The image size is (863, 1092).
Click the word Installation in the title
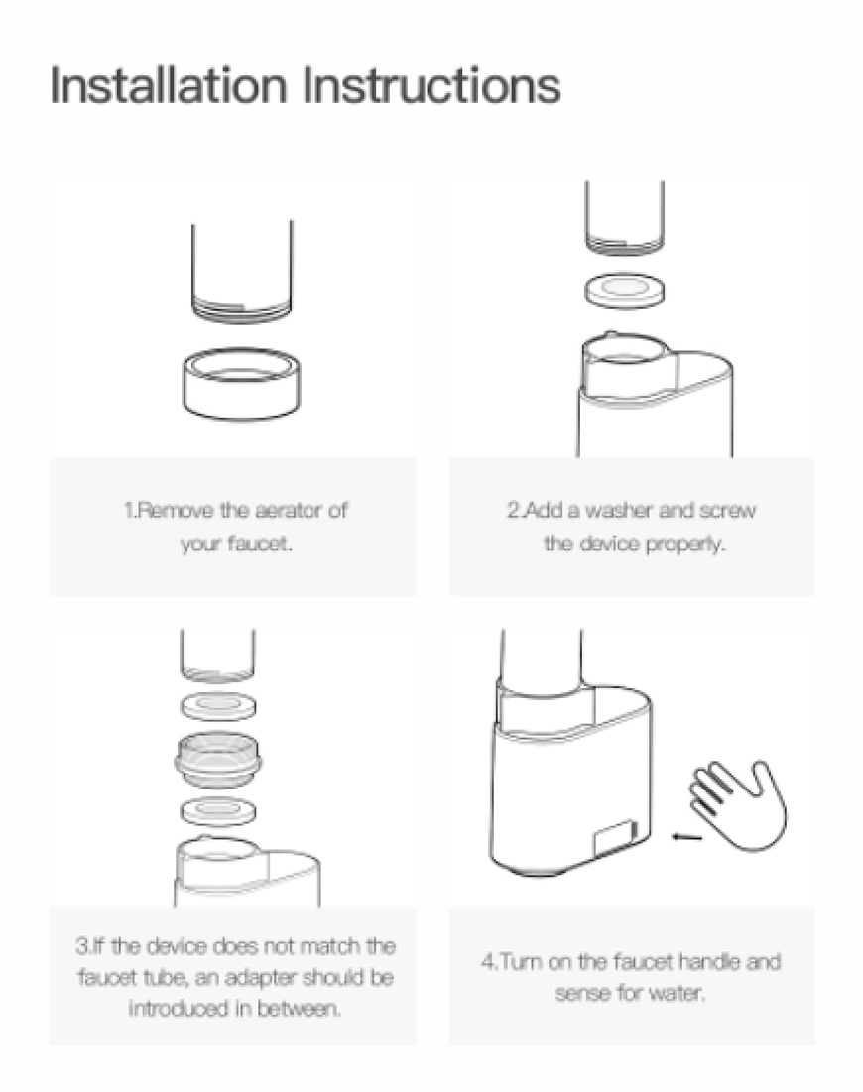pyautogui.click(x=169, y=85)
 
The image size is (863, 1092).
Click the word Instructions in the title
pyautogui.click(x=431, y=85)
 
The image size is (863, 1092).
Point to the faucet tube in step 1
pyautogui.click(x=242, y=272)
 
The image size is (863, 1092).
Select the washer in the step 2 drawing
pyautogui.click(x=625, y=290)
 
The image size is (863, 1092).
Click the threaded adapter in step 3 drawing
pyautogui.click(x=218, y=759)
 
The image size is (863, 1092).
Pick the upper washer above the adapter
pyautogui.click(x=218, y=706)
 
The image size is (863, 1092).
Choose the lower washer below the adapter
pyautogui.click(x=218, y=810)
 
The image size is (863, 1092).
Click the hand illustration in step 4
pyautogui.click(x=738, y=804)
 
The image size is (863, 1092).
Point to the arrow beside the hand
pyautogui.click(x=686, y=836)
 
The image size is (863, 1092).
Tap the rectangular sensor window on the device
pyautogui.click(x=615, y=838)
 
